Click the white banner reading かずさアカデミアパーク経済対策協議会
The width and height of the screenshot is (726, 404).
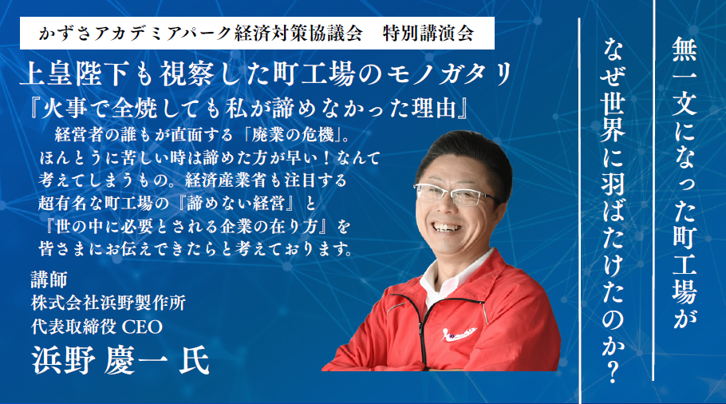257,33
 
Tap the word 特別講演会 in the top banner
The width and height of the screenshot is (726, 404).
428,34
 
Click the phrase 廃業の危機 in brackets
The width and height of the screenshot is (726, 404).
293,135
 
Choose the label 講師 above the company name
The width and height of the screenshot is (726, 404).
49,279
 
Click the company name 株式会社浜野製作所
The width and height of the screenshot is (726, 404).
109,303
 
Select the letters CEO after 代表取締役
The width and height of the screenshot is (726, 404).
142,327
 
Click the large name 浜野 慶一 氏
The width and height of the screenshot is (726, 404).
120,360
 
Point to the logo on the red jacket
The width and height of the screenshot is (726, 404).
461,333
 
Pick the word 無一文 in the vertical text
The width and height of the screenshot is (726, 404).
685,77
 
